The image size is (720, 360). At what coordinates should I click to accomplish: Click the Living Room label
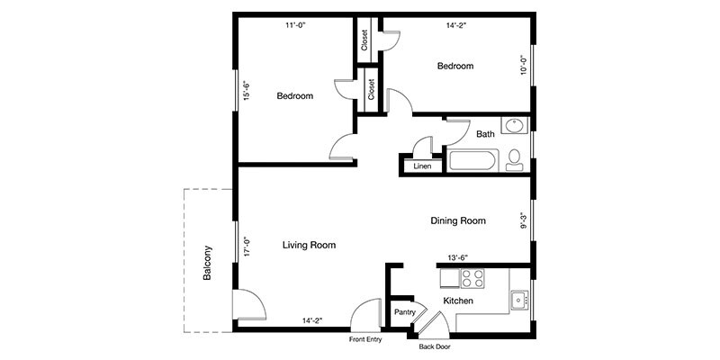pyautogui.click(x=309, y=245)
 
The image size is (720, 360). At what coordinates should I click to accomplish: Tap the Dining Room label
pyautogui.click(x=458, y=220)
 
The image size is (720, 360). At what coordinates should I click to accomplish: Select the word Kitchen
pyautogui.click(x=458, y=301)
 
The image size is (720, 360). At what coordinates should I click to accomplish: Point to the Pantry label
pyautogui.click(x=404, y=312)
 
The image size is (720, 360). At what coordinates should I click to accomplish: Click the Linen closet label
pyautogui.click(x=422, y=166)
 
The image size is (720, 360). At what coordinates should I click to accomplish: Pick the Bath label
pyautogui.click(x=485, y=134)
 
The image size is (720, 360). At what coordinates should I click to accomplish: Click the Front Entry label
pyautogui.click(x=365, y=340)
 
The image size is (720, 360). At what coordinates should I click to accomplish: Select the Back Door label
pyautogui.click(x=434, y=347)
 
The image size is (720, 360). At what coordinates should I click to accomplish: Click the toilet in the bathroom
pyautogui.click(x=514, y=160)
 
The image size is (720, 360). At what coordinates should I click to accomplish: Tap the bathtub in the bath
pyautogui.click(x=472, y=161)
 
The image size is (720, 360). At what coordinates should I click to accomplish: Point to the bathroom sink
pyautogui.click(x=514, y=125)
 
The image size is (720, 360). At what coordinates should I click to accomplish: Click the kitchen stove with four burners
pyautogui.click(x=473, y=278)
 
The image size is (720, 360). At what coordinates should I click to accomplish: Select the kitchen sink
pyautogui.click(x=520, y=301)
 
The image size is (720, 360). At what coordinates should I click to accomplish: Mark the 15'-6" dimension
pyautogui.click(x=247, y=91)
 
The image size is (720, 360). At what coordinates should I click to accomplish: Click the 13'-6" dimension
pyautogui.click(x=458, y=258)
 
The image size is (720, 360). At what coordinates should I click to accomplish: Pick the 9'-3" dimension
pyautogui.click(x=524, y=220)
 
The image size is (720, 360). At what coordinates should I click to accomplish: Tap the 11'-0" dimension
pyautogui.click(x=296, y=26)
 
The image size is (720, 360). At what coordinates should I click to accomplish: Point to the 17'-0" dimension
pyautogui.click(x=247, y=246)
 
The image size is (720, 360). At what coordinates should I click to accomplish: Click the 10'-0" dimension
pyautogui.click(x=524, y=65)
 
